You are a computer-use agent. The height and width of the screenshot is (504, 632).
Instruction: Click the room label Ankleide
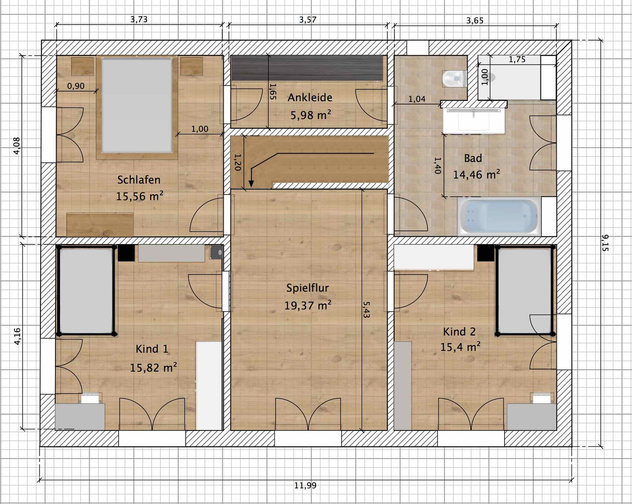coord(310,97)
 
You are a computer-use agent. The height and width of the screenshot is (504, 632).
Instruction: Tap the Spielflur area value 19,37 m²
coord(308,305)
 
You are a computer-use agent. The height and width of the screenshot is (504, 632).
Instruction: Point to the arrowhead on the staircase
coord(251,183)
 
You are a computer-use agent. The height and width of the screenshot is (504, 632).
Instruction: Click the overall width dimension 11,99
coord(305,485)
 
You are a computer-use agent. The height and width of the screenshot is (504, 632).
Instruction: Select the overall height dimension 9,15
coord(605,243)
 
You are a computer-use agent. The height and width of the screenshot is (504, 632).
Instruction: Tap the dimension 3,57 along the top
coord(308,20)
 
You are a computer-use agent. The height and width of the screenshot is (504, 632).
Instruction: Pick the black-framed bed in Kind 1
coord(86,290)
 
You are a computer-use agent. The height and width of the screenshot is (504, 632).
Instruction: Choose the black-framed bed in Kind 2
coord(525,290)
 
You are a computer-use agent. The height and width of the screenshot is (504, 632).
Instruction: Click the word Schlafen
coord(139,180)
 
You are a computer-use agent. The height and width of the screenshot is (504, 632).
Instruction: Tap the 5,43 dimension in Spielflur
coord(366,309)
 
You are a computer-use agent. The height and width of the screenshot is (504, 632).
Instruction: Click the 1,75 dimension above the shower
coord(517,60)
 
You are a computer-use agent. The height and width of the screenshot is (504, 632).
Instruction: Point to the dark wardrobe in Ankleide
coord(307,68)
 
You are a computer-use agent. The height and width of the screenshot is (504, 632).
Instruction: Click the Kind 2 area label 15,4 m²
coord(460,347)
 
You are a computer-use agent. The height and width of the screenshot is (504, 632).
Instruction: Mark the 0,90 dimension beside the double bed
coord(76,86)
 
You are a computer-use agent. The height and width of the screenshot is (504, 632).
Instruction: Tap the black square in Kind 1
coord(126,253)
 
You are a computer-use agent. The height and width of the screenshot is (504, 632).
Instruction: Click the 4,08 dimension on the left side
coord(17,146)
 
